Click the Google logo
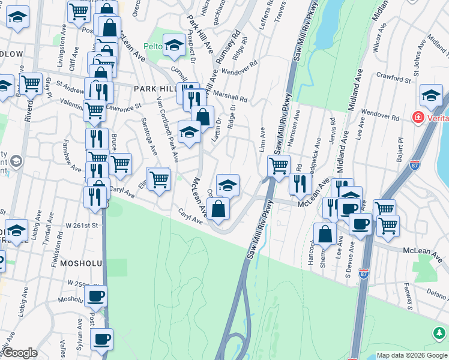click(x=19, y=353)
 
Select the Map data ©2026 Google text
click(x=411, y=355)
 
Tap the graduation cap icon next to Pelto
click(x=174, y=44)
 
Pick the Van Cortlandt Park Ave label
click(x=167, y=129)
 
